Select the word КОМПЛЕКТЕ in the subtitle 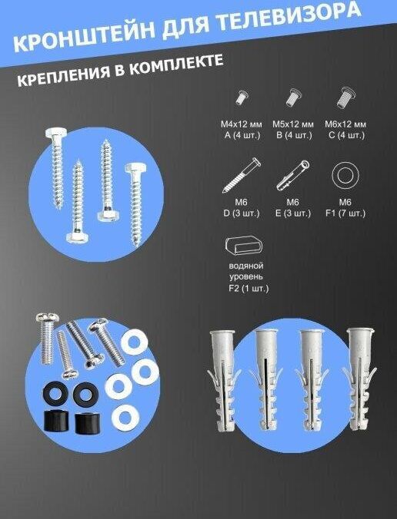tap(175, 65)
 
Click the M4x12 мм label tap(242, 124)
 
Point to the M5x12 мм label tap(293, 124)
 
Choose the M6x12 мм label tap(345, 124)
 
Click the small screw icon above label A tap(242, 97)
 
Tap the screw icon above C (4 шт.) tap(345, 98)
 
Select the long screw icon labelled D tap(242, 175)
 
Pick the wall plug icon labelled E tap(293, 175)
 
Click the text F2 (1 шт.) tap(249, 289)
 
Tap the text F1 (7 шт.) tap(345, 213)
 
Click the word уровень tap(245, 276)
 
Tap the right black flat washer tap(85, 393)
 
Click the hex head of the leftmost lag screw tap(56, 134)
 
